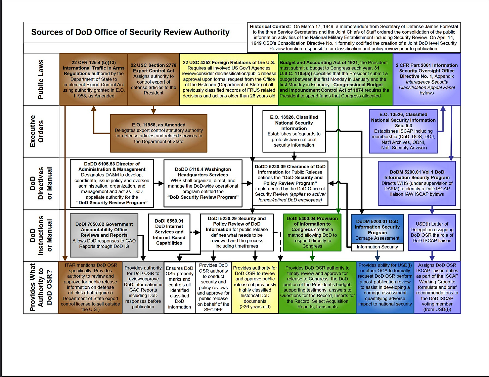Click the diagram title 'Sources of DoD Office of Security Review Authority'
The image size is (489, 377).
point(130,32)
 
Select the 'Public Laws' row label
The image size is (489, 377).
point(41,79)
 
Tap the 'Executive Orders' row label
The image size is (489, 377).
point(37,131)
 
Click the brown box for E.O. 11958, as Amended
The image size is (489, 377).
point(159,133)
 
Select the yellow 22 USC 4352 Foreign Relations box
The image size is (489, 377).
point(229,79)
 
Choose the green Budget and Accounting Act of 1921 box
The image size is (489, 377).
point(335,79)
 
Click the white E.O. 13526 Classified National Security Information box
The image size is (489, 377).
point(294,131)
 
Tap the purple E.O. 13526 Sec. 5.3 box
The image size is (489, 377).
point(403,131)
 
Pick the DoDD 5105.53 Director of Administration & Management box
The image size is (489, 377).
point(112,183)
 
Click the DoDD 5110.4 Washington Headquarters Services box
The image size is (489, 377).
point(203,183)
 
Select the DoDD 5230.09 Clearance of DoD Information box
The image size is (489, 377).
point(290,183)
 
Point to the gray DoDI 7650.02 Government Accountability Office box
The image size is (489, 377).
point(104,235)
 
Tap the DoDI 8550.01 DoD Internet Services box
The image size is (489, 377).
point(169,232)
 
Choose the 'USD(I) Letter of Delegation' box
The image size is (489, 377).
point(432,232)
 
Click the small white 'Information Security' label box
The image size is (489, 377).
point(377,247)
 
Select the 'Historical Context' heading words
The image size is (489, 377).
point(270,27)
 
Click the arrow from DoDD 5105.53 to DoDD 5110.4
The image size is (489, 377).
point(159,183)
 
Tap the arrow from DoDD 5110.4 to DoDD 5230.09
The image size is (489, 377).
point(247,183)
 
